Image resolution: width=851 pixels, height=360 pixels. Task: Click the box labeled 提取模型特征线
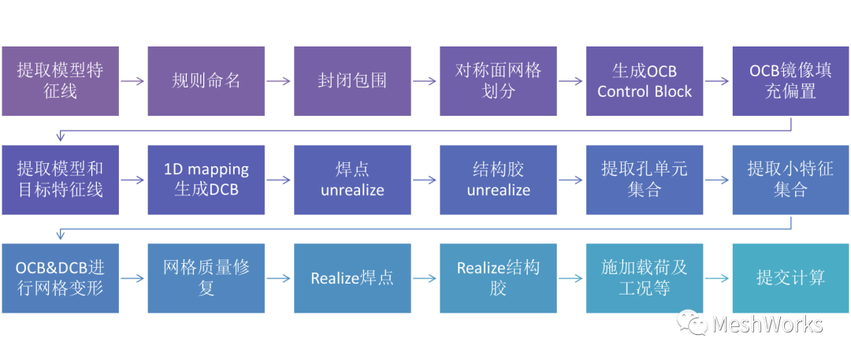coord(60,80)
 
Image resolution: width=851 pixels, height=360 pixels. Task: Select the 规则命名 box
coord(206,80)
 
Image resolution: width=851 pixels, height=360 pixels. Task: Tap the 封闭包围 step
coord(352,80)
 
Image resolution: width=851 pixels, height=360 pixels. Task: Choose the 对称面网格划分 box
coord(498,80)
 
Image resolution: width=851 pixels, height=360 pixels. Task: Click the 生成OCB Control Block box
coord(644,80)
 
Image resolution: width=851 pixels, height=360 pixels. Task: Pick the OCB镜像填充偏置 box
coord(790,80)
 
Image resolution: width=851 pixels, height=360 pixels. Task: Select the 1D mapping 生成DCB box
coord(206,180)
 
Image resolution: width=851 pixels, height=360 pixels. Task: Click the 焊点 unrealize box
coord(352,180)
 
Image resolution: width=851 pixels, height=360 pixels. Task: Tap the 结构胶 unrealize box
coord(498,180)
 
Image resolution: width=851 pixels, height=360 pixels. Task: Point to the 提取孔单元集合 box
coord(644,180)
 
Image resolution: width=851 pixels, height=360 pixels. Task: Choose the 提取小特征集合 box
coord(790,180)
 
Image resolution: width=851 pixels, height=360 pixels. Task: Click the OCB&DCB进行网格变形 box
coord(60,278)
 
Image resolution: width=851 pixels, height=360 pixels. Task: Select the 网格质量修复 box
coord(206,278)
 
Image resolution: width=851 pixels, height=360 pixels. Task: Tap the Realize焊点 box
coord(352,278)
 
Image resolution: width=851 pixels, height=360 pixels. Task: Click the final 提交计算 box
coord(790,278)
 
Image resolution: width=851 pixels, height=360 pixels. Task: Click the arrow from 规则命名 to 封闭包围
coord(279,81)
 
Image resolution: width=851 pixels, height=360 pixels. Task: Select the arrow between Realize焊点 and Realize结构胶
coord(425,279)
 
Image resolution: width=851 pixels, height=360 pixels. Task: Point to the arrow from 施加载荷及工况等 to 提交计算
coord(716,279)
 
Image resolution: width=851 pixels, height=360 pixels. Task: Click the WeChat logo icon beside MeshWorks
coord(694,324)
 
